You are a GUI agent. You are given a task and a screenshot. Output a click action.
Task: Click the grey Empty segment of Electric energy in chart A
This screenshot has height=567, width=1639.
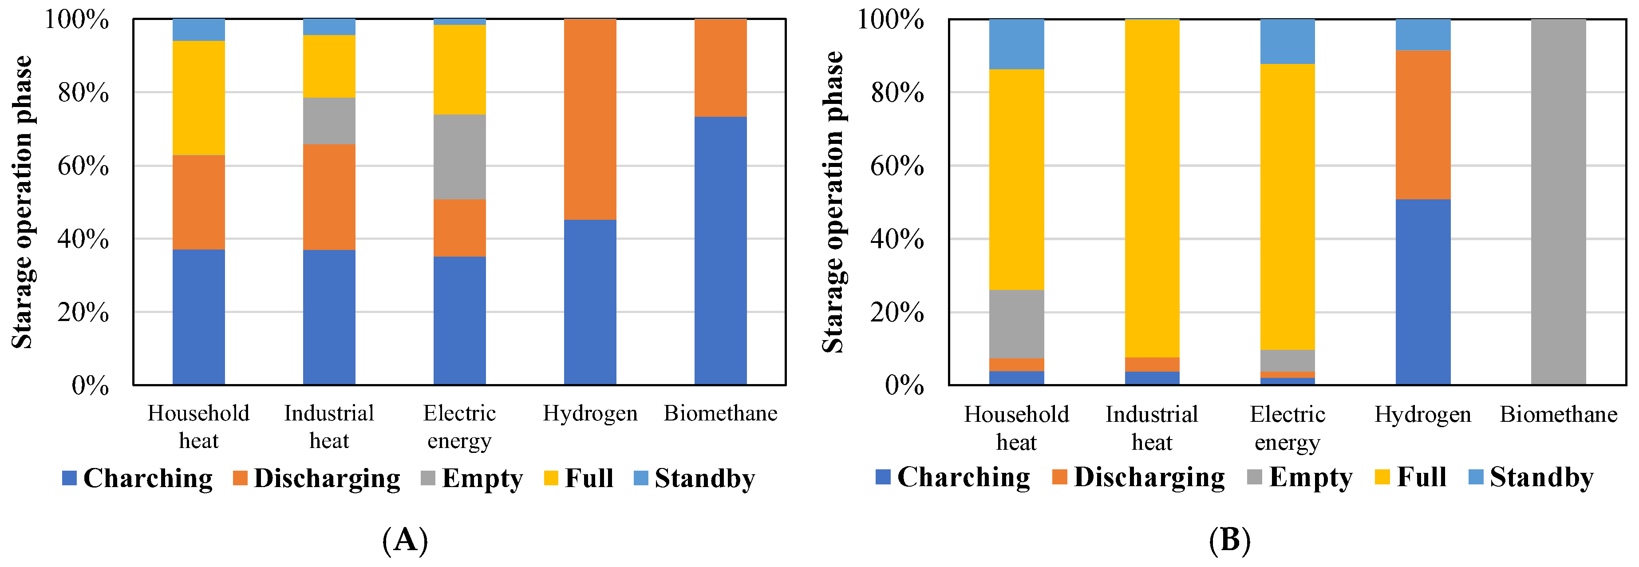459,157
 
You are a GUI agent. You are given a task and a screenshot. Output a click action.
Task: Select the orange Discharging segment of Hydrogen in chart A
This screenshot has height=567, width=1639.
590,119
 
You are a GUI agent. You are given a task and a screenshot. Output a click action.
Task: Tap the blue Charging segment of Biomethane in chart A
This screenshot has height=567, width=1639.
720,251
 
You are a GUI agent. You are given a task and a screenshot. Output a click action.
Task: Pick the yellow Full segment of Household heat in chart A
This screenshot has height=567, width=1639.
198,98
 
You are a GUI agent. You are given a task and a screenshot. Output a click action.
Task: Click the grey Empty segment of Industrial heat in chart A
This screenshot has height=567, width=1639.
329,121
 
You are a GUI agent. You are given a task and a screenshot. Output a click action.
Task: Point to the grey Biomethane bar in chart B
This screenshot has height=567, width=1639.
1558,202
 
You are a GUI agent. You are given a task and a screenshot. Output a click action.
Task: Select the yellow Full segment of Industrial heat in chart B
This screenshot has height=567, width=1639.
1152,188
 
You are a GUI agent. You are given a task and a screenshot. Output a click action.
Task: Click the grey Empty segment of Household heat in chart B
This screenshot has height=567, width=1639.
1016,324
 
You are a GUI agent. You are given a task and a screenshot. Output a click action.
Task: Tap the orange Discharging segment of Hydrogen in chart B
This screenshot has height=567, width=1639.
1423,125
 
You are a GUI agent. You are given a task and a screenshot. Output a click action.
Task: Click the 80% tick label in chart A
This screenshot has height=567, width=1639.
83,93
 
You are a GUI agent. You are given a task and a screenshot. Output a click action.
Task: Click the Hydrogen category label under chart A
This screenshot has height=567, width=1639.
590,414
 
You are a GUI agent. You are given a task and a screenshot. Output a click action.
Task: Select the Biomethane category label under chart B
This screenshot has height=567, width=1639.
1558,415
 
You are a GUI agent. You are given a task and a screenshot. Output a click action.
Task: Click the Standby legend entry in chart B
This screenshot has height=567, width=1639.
1531,477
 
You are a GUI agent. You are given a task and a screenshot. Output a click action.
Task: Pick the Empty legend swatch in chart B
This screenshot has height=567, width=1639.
1254,476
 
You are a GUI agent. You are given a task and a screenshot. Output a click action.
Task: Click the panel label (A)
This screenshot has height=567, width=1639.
405,540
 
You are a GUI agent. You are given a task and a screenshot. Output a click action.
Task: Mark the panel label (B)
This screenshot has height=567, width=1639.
1229,540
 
